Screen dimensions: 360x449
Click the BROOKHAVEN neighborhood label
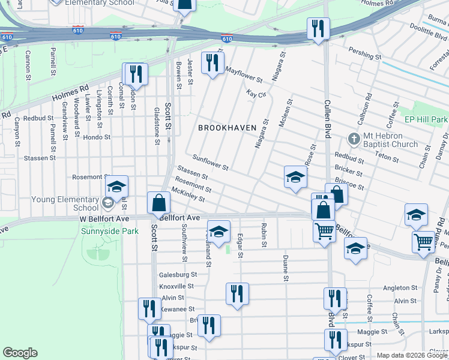[228, 128]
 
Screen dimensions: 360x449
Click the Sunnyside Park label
[110, 231]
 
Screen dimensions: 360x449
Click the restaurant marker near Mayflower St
[212, 63]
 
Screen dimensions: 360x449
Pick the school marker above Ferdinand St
[219, 232]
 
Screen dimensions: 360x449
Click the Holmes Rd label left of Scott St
[70, 92]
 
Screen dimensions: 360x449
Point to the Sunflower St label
[210, 164]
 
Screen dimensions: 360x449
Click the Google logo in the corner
[20, 353]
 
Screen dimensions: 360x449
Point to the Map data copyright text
[412, 356]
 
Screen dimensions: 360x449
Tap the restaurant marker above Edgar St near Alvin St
[237, 293]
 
